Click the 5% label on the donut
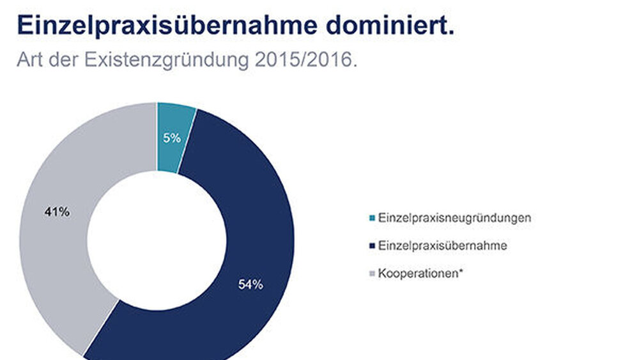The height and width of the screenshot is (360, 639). coord(171,137)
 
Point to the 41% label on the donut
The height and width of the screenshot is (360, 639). coord(56,212)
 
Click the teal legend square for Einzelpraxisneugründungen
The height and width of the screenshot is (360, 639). coord(373,218)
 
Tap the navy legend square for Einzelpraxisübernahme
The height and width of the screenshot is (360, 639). coord(373,246)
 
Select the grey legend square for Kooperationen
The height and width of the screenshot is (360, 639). coord(373,273)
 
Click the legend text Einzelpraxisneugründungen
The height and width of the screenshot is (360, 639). coord(454,218)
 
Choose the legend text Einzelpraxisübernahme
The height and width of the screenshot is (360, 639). coord(442,246)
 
